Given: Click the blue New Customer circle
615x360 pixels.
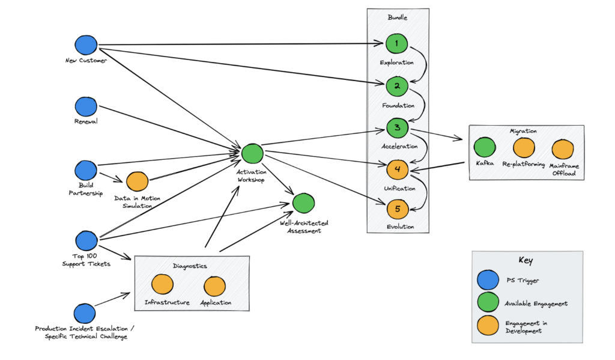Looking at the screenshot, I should [x=86, y=45].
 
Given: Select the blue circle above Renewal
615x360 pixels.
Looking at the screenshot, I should [x=86, y=107].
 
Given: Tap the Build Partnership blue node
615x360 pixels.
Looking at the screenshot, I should [x=86, y=170].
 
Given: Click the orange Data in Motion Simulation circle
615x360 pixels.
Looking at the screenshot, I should [x=137, y=181].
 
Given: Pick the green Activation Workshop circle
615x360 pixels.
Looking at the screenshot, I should [x=252, y=154].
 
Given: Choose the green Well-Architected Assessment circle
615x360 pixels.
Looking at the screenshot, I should [x=304, y=204].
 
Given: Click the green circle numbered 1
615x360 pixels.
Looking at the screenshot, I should [x=396, y=43].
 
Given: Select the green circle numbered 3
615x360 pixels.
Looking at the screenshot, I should [x=397, y=128].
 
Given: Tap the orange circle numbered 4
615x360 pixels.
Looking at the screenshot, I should [x=397, y=170].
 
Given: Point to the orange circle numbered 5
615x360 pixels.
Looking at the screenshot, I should [x=397, y=209].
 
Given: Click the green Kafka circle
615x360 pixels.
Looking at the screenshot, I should [x=485, y=148].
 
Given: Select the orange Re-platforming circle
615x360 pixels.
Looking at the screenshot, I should [x=524, y=148].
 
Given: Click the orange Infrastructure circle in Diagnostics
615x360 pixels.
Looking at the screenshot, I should [x=162, y=285].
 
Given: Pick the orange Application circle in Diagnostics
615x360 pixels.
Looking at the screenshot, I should [x=214, y=286].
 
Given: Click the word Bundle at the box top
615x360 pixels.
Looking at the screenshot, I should [x=398, y=18].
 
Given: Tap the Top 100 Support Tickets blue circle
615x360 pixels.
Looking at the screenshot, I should [x=86, y=240].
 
